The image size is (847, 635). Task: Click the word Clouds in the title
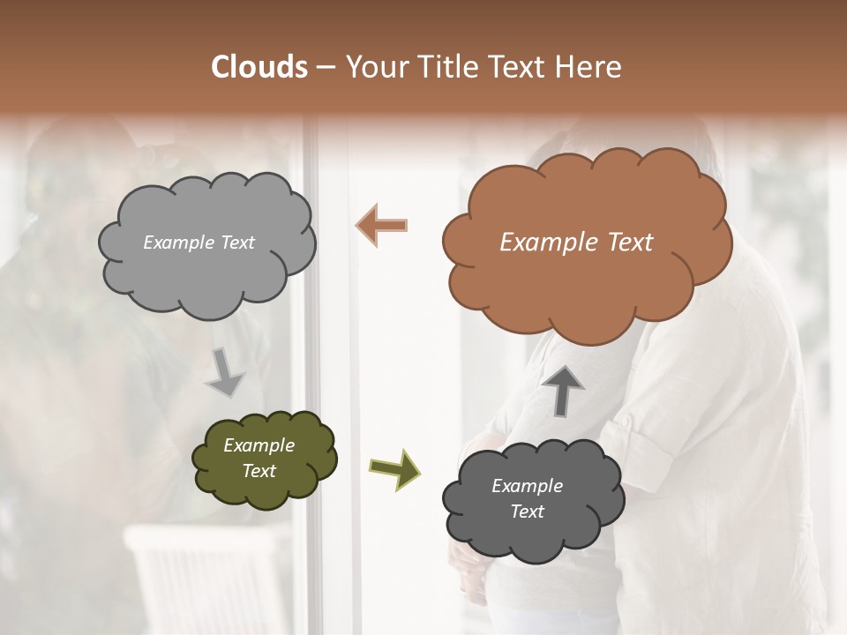point(259,67)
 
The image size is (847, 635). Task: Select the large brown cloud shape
point(587,282)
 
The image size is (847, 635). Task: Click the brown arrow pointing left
point(382,225)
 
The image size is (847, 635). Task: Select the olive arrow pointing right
point(394,467)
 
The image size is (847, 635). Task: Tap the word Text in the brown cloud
point(630,243)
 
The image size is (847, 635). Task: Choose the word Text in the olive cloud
point(259,471)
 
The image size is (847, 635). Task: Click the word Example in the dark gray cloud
point(527,486)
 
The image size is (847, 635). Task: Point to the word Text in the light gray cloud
point(236,243)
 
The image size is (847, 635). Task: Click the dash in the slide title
point(326,67)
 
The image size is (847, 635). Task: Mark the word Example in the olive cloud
point(259,446)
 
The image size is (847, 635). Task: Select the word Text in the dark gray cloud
point(527,512)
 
